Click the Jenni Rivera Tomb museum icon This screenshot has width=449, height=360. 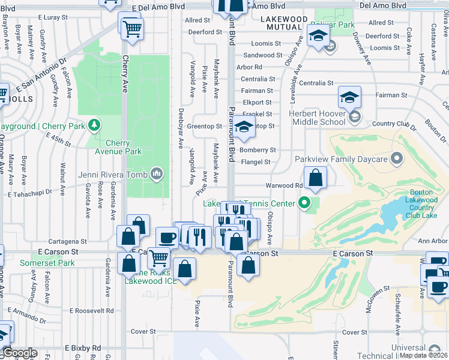pos(157,174)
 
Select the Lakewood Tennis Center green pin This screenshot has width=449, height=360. pos(304,203)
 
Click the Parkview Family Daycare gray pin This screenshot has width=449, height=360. pos(396,159)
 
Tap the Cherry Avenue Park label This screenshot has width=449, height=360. pos(119,147)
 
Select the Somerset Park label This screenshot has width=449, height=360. pos(47,263)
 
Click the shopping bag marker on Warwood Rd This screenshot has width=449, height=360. pos(315,178)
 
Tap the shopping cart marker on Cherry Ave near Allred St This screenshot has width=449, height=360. pos(132,28)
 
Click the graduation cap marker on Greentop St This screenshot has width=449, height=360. pos(244,127)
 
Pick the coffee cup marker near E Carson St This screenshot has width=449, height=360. pos(167,238)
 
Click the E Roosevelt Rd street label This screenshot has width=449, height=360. pos(92,310)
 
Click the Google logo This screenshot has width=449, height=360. pos(19,353)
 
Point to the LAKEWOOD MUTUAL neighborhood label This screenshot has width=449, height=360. pos(284,23)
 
